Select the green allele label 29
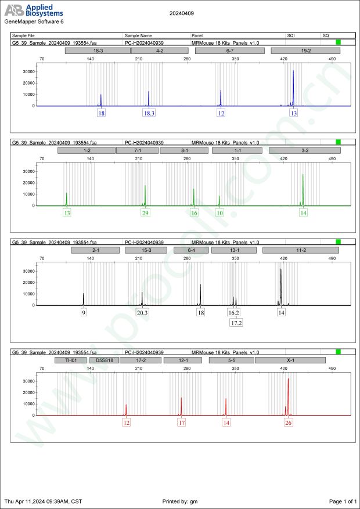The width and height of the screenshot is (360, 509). click(x=145, y=213)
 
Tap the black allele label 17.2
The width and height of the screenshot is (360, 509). click(x=236, y=322)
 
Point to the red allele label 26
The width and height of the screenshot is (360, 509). click(x=288, y=423)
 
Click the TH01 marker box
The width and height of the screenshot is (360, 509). click(x=70, y=360)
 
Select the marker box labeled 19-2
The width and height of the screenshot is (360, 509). click(x=305, y=51)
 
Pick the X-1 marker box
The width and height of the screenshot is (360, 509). click(x=290, y=360)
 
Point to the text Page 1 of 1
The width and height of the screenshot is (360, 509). click(x=342, y=501)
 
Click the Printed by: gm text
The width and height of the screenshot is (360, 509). click(x=182, y=501)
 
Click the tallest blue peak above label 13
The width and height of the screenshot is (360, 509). click(x=294, y=73)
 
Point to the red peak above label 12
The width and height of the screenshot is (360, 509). click(x=126, y=406)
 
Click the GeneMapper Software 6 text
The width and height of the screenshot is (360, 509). click(x=34, y=21)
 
